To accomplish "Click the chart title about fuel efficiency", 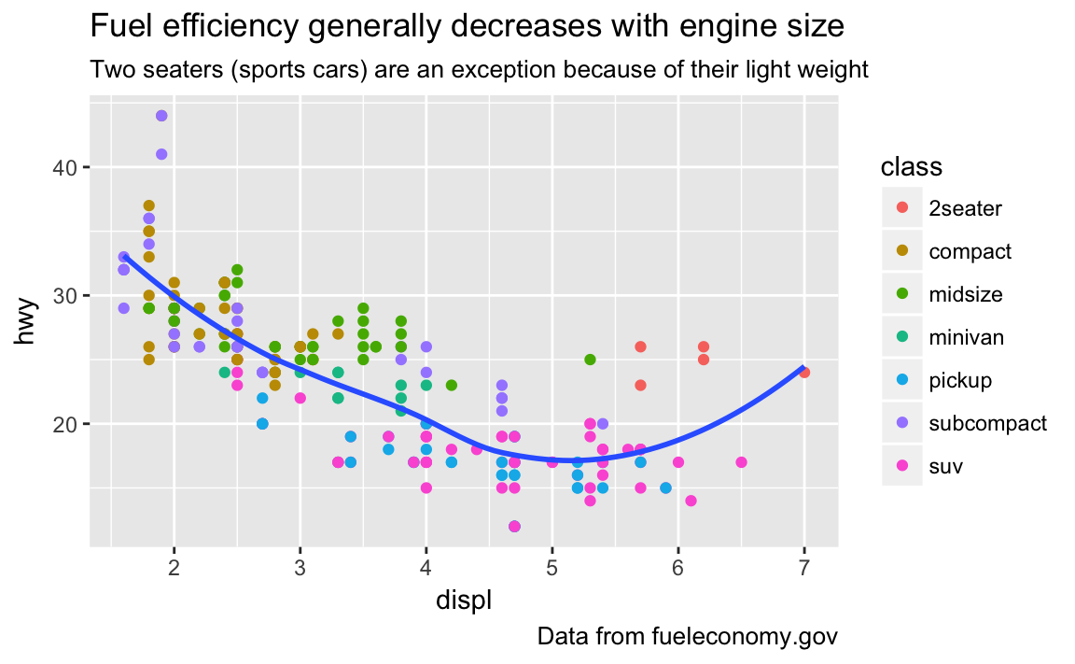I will (x=467, y=27).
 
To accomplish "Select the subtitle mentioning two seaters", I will (x=479, y=70).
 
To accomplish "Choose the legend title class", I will (x=911, y=168).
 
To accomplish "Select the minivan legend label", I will (x=967, y=337).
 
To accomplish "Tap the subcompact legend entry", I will (x=987, y=423).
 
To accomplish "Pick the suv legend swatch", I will (x=901, y=466).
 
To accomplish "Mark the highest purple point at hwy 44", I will (x=161, y=116).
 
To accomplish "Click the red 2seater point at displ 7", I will (x=804, y=373).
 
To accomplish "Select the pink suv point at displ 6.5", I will (x=741, y=462).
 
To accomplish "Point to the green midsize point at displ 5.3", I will (x=590, y=360).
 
